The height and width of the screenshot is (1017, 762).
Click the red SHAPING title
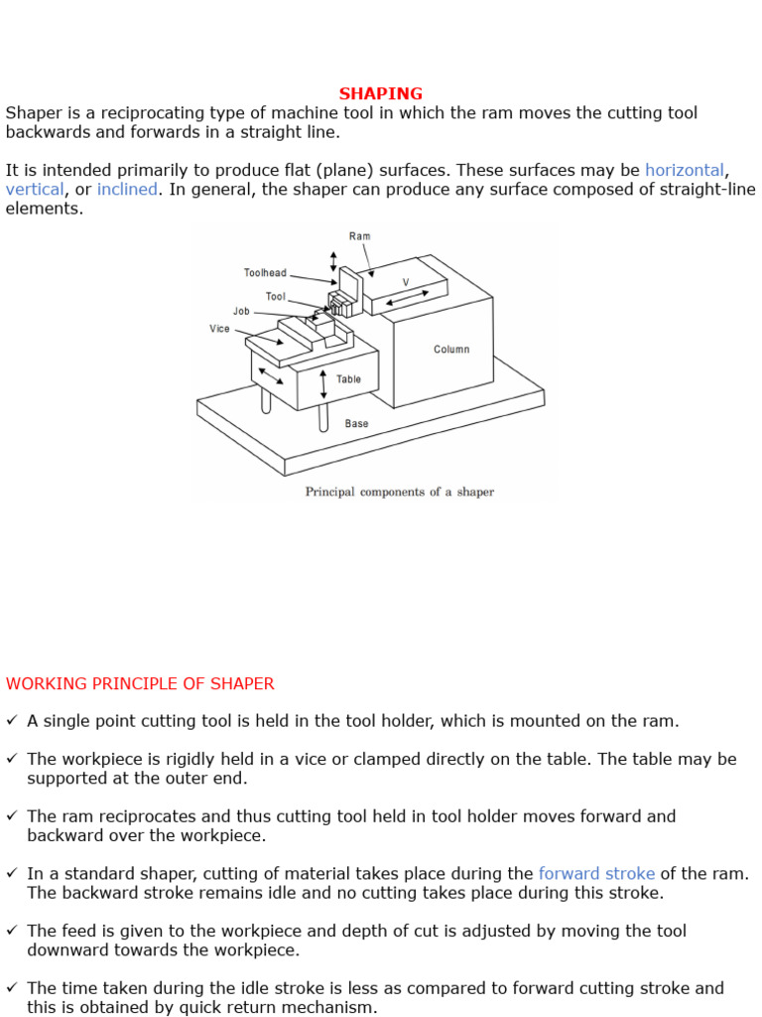pyautogui.click(x=380, y=94)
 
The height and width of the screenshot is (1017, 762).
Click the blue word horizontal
pyautogui.click(x=684, y=170)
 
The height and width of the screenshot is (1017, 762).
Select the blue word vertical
pyautogui.click(x=35, y=189)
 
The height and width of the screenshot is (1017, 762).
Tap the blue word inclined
pyautogui.click(x=127, y=189)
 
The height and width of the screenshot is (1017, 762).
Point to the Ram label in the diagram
pyautogui.click(x=359, y=236)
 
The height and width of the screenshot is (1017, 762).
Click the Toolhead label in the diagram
pyautogui.click(x=265, y=272)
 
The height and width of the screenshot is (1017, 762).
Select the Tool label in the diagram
pyautogui.click(x=275, y=296)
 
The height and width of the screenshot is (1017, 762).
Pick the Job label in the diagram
pyautogui.click(x=241, y=311)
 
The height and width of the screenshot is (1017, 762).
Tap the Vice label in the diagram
pyautogui.click(x=219, y=329)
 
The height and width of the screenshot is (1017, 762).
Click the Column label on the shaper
pyautogui.click(x=451, y=350)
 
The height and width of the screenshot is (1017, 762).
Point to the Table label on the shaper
pyautogui.click(x=348, y=379)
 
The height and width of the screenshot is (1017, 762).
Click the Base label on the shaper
pyautogui.click(x=356, y=423)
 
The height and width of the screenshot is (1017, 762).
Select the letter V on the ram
pyautogui.click(x=405, y=283)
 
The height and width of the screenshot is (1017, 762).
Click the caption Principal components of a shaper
pyautogui.click(x=399, y=492)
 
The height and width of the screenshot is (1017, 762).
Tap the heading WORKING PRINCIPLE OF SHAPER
pyautogui.click(x=140, y=683)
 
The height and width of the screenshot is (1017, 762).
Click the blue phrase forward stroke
pyautogui.click(x=596, y=874)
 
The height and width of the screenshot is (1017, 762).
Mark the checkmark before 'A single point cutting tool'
pyautogui.click(x=12, y=721)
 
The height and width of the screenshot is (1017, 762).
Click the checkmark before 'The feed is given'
pyautogui.click(x=12, y=932)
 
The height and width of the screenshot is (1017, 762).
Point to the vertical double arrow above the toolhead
pyautogui.click(x=333, y=260)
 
